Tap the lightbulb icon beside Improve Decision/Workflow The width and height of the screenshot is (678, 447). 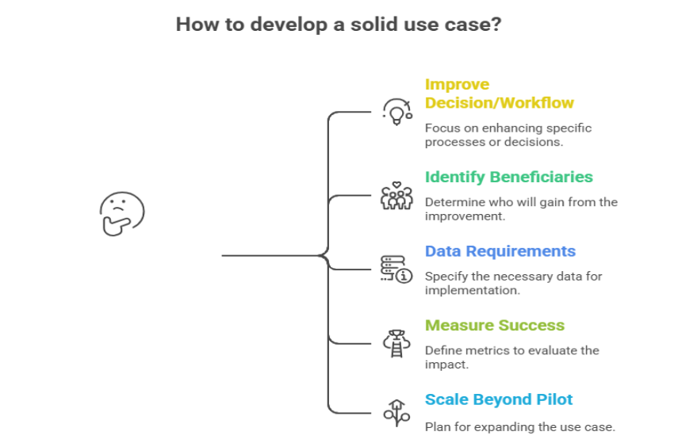[x=396, y=112]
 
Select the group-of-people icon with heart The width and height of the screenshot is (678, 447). [x=396, y=195]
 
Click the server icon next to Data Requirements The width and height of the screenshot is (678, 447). [x=396, y=269]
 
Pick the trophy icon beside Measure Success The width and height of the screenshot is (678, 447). [x=396, y=342]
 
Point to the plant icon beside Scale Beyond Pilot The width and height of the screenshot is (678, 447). [x=396, y=411]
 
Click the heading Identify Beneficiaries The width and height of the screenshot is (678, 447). [x=508, y=177]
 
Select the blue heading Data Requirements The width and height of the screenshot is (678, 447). [x=500, y=251]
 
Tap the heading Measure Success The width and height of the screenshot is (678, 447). [x=494, y=325]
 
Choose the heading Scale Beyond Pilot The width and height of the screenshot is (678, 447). [x=498, y=399]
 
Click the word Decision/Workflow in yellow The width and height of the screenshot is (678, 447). [x=499, y=103]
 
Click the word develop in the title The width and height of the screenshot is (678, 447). [x=282, y=25]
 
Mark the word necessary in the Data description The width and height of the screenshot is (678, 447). [x=515, y=277]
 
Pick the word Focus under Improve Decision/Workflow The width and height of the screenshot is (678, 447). [x=441, y=128]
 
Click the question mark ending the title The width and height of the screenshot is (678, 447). [x=496, y=25]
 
